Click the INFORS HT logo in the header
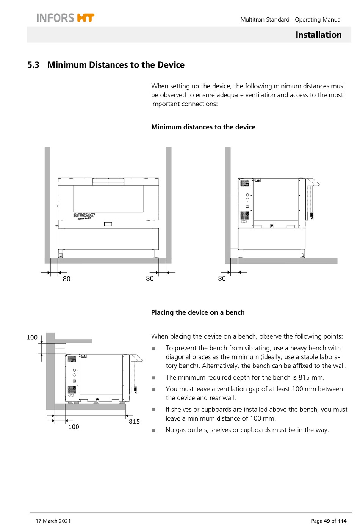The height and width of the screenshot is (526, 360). (x=65, y=18)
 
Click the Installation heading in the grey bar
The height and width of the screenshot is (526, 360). (x=318, y=35)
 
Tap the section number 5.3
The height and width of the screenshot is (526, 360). (x=33, y=65)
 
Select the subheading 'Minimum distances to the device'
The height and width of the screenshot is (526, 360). (x=203, y=127)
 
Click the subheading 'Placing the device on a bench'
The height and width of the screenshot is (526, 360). (x=197, y=312)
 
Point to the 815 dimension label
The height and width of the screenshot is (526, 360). (x=134, y=421)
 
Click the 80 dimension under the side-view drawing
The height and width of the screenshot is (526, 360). (x=222, y=278)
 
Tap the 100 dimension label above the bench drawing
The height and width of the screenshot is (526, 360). (x=32, y=337)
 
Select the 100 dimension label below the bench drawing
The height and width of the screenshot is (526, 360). (x=74, y=427)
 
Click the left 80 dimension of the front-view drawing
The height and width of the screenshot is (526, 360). (x=66, y=279)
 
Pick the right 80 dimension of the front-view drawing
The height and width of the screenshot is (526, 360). (x=150, y=278)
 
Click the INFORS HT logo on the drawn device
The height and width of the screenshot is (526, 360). (x=84, y=215)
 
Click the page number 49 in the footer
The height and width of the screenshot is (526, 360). (x=327, y=521)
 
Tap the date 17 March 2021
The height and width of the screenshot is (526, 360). (x=53, y=521)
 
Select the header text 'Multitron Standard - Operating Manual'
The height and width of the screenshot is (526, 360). (x=291, y=20)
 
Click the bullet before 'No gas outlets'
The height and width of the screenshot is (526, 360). (x=153, y=430)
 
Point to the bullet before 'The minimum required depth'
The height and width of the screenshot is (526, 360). (x=153, y=378)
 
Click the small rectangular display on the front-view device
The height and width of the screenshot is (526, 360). (x=108, y=224)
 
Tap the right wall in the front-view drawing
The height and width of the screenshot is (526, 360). (x=169, y=205)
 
